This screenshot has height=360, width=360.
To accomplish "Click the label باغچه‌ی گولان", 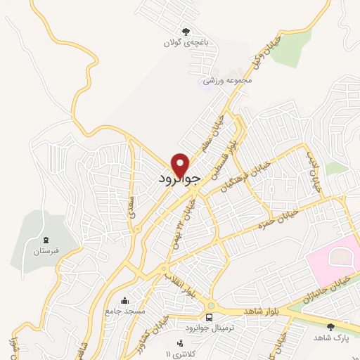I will (x=186, y=42).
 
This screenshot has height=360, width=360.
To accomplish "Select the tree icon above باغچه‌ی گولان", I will (x=186, y=31).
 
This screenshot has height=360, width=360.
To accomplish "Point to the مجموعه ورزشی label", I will (x=227, y=82).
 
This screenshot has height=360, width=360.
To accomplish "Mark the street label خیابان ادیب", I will (x=314, y=172).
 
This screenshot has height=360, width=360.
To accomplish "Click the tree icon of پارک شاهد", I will (x=330, y=326).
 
